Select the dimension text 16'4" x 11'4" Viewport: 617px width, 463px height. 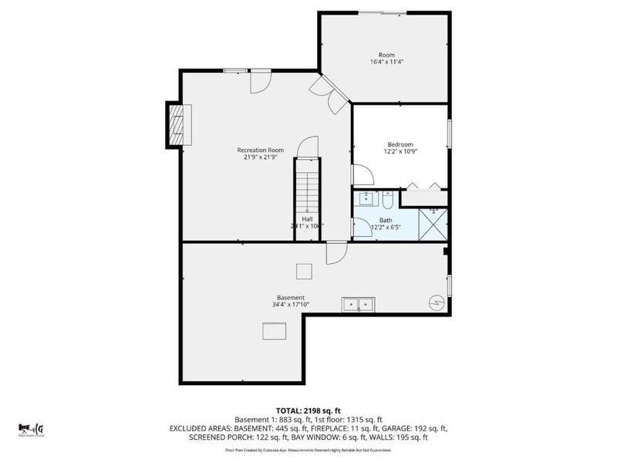tap(386, 62)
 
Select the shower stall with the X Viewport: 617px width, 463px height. tap(433, 225)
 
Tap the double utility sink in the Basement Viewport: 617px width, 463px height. tap(359, 305)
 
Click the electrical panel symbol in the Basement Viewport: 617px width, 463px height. tap(437, 304)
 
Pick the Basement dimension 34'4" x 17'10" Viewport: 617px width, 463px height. tap(291, 305)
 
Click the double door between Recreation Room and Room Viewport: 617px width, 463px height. tap(334, 94)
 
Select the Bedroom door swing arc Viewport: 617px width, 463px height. tap(362, 176)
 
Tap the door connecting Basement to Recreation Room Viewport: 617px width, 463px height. tap(336, 252)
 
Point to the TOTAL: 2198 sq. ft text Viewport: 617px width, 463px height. tap(308, 411)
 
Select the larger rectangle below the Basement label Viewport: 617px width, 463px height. tap(274, 331)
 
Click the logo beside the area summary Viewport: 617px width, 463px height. tap(31, 428)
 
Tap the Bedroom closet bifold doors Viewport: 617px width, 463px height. tap(425, 186)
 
